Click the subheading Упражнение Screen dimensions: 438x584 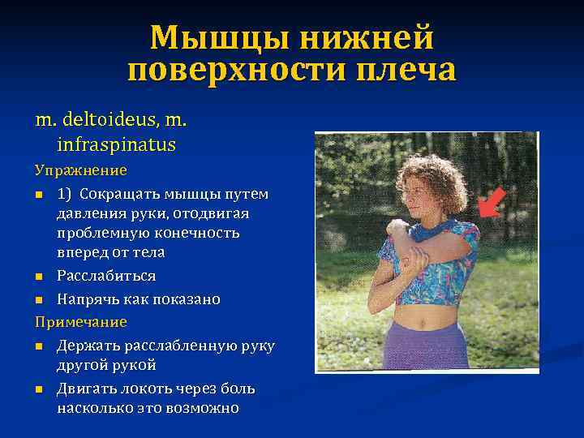[80, 170]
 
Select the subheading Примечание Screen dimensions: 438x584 [80, 322]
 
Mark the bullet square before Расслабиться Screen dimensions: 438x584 [39, 277]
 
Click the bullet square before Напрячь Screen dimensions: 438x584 [39, 300]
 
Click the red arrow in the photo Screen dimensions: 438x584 [492, 203]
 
